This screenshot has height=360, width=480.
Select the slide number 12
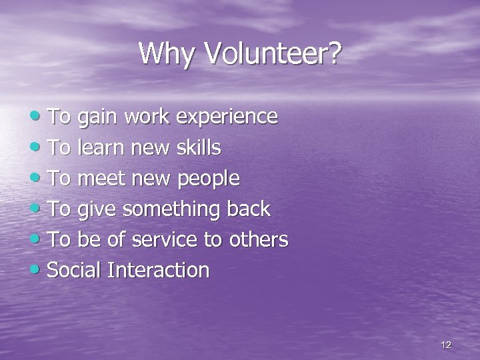click(446, 345)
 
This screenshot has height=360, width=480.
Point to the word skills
click(199, 147)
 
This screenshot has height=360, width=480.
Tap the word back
click(248, 209)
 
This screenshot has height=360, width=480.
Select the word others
click(259, 239)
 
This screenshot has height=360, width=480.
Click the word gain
click(95, 117)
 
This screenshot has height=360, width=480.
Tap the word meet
click(101, 178)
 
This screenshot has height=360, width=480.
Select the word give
click(95, 209)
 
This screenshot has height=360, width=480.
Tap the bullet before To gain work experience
click(40, 117)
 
